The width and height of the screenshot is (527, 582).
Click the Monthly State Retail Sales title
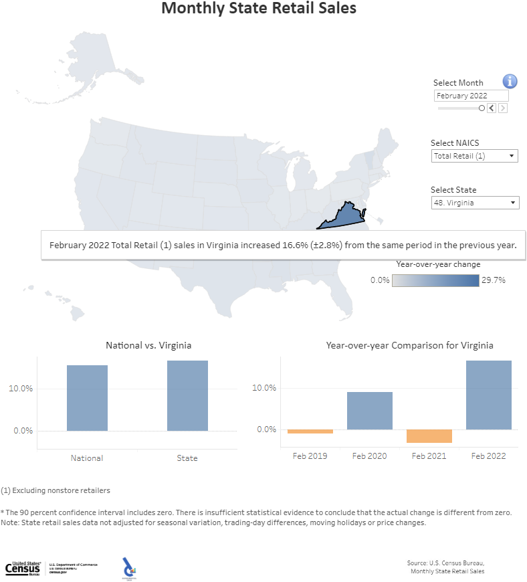coord(259,9)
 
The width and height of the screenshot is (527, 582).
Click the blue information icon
coord(510,82)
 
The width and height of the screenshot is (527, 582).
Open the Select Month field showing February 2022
coord(470,96)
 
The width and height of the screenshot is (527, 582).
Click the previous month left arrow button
coord(492,108)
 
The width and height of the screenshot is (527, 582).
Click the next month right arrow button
coord(503,108)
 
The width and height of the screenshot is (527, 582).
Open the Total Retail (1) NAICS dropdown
coord(475,156)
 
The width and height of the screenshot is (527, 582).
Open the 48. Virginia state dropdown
coord(475,203)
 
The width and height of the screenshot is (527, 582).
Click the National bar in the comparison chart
coord(87,398)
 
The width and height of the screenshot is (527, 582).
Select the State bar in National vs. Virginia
coord(187,395)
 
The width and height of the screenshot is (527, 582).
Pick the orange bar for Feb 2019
coord(310,431)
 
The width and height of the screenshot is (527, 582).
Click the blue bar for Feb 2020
coord(369,411)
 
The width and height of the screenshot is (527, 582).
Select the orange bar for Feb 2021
coord(429,436)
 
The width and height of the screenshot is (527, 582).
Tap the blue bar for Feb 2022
coord(488,395)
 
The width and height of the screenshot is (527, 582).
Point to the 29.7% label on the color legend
coord(494,280)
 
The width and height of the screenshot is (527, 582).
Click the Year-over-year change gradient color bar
coord(435,280)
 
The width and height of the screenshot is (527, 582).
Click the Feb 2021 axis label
coord(429,456)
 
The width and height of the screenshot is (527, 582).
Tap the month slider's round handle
coord(482,108)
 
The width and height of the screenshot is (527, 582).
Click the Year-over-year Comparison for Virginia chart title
coord(409,345)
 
